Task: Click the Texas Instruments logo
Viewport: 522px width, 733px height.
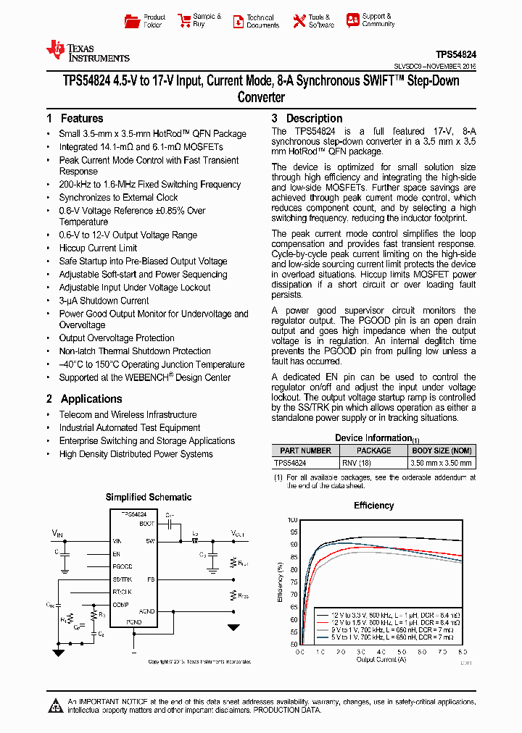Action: (87, 51)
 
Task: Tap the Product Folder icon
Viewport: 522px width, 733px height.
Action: (133, 21)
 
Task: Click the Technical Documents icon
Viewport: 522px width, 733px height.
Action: (238, 22)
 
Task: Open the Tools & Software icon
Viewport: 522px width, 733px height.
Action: (299, 21)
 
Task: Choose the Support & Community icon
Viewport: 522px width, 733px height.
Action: (352, 20)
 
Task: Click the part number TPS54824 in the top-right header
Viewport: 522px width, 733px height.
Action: (455, 54)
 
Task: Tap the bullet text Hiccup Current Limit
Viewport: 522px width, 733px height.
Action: (98, 248)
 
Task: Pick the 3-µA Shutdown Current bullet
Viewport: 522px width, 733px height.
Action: (104, 301)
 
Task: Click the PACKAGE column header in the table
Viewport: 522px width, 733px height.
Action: (373, 451)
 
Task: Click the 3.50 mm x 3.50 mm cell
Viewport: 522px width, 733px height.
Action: (442, 463)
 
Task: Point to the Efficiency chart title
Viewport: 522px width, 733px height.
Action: (373, 506)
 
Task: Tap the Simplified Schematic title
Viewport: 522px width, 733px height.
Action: (149, 497)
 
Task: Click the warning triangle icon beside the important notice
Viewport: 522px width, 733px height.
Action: (56, 705)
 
